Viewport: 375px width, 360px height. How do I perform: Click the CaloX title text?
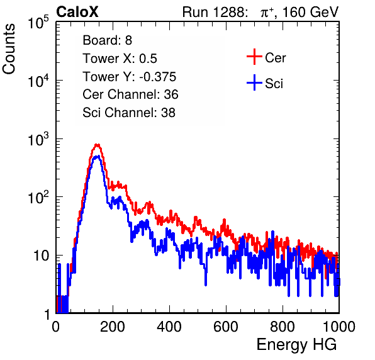(77, 12)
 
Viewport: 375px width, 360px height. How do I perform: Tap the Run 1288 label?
(214, 12)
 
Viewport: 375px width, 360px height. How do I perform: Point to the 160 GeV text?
(311, 12)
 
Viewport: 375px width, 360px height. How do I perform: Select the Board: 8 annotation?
(107, 40)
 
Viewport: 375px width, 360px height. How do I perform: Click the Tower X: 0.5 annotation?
(120, 59)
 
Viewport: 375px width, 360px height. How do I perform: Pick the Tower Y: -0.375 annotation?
(130, 77)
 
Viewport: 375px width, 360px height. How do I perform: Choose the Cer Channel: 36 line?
(130, 94)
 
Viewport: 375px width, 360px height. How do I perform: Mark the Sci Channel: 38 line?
(129, 113)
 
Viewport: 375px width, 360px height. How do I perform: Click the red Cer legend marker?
(254, 57)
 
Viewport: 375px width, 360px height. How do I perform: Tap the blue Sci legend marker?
(254, 83)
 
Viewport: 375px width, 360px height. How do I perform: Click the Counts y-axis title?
(9, 49)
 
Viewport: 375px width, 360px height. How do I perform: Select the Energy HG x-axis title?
(296, 345)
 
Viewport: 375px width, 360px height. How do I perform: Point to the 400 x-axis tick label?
(169, 327)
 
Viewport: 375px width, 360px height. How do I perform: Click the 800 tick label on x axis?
(283, 327)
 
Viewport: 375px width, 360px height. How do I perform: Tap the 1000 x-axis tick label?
(339, 327)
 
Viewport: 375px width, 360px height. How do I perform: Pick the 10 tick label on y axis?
(41, 256)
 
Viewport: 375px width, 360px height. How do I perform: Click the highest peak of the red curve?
(97, 145)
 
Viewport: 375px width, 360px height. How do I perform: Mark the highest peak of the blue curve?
(97, 157)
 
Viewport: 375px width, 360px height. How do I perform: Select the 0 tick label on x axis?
(55, 327)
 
